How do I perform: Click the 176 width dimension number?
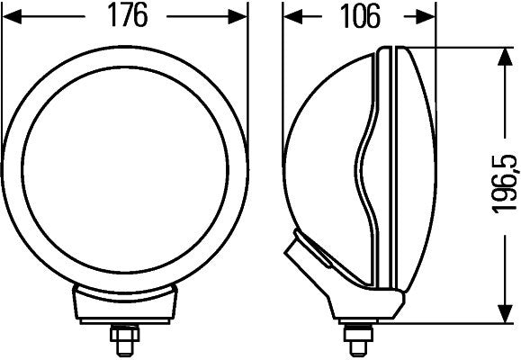click(125, 16)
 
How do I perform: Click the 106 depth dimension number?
click(360, 16)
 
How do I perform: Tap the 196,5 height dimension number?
click(505, 185)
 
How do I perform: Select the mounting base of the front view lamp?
click(124, 306)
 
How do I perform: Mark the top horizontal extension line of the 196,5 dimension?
click(468, 49)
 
